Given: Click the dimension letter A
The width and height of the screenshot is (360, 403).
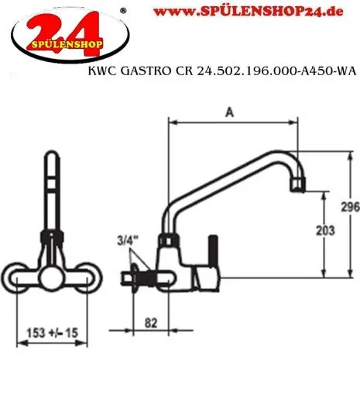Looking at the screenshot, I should (x=228, y=112).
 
